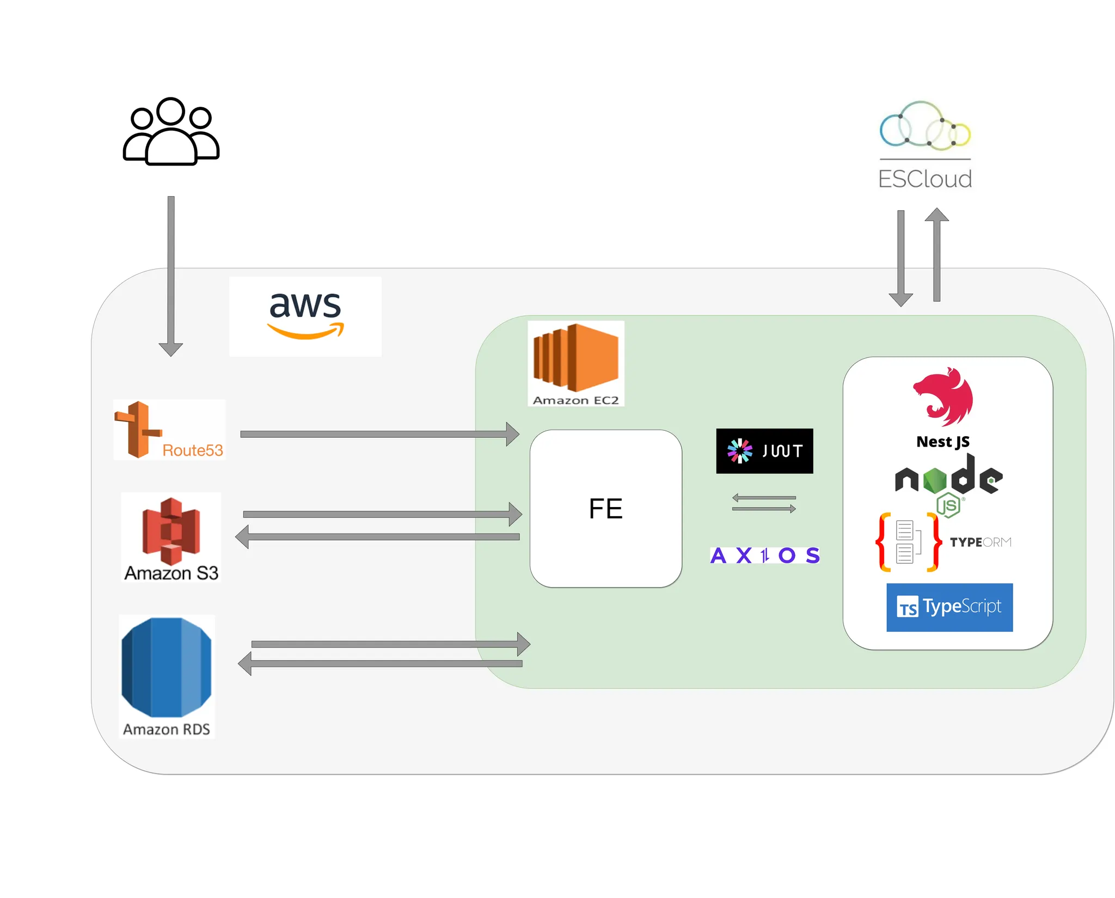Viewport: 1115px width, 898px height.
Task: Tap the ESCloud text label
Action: pos(925,179)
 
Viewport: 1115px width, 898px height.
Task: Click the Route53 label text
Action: pos(193,450)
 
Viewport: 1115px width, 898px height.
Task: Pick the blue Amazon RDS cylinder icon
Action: pos(167,667)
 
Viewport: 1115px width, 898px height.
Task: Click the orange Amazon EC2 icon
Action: pos(576,358)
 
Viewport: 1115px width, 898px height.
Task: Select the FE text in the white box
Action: pos(605,509)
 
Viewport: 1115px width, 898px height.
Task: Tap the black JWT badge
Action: pos(764,451)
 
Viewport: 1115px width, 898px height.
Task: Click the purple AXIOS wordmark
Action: pos(765,555)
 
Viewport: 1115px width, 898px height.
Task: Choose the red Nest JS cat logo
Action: pos(944,396)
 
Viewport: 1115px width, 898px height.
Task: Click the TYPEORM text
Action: pos(981,542)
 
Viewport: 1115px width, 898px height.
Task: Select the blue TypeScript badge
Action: pos(949,607)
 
